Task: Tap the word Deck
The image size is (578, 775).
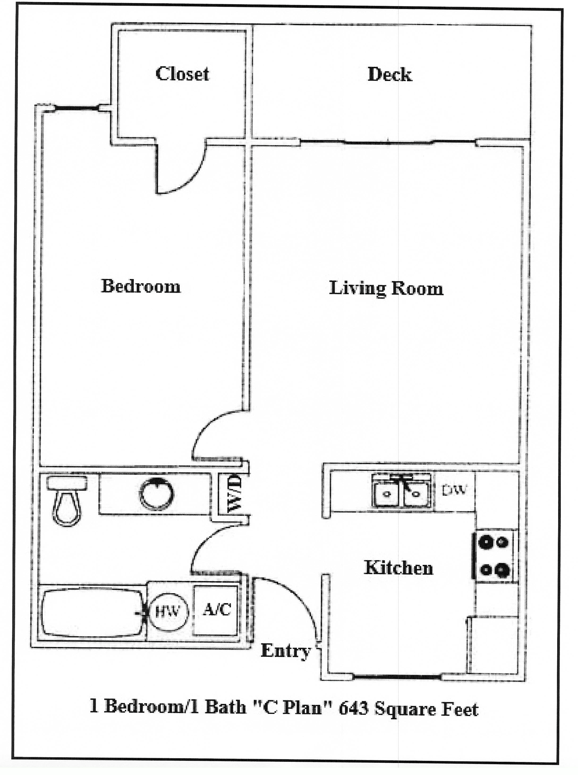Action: point(390,75)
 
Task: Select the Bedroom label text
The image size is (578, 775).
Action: point(141,286)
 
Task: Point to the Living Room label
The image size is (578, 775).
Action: point(386,289)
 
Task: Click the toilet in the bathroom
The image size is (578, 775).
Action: point(67,501)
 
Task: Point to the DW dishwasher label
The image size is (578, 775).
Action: point(454,490)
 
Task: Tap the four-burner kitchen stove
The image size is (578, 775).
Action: point(494,556)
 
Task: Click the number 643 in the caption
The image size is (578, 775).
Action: point(354,708)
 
